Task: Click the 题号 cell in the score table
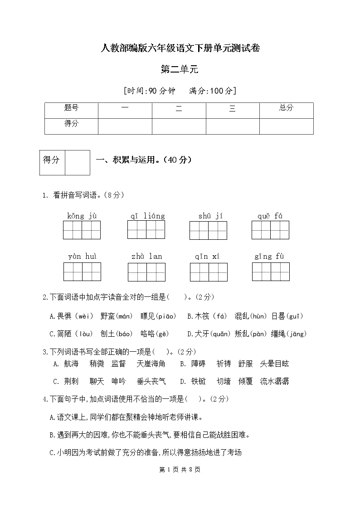click(71, 108)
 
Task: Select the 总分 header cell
click(286, 108)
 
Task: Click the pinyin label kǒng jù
click(82, 216)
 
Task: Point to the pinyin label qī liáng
click(147, 216)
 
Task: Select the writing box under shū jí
click(208, 230)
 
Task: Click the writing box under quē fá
click(270, 230)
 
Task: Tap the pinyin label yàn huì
click(82, 257)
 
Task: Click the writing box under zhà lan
click(146, 272)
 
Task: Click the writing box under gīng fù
click(271, 272)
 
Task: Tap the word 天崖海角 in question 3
click(151, 364)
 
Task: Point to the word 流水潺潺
click(274, 381)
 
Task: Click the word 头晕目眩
click(274, 364)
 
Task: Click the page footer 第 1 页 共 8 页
click(180, 469)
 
